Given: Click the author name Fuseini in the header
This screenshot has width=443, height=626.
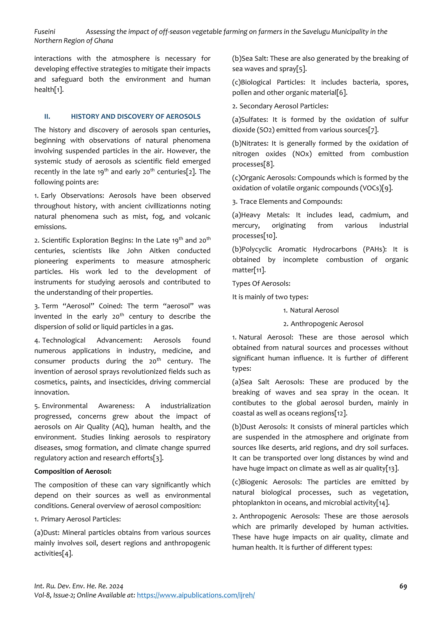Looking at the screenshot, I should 45,32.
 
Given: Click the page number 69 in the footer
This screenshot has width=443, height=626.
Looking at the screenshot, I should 403,586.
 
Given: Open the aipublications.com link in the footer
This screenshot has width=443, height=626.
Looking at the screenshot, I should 196,595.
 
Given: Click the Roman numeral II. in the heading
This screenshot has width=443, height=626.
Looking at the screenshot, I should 47,117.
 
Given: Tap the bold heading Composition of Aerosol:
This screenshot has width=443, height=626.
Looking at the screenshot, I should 72,471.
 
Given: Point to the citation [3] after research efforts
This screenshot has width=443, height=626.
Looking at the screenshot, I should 158,458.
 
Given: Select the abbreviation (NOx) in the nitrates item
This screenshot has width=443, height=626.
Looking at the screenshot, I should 302,154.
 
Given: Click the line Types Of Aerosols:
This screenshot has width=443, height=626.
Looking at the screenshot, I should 261,283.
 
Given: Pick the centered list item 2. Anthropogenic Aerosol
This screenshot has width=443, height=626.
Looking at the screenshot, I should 323,324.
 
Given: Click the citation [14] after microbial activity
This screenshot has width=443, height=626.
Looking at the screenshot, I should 383,503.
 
